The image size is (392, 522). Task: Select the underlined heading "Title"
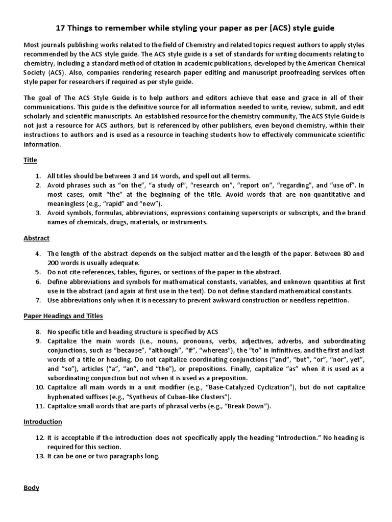[x=30, y=160]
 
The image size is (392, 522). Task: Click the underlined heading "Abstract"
[x=36, y=238]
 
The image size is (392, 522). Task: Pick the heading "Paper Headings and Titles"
[x=63, y=316]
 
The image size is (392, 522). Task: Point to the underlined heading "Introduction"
[x=43, y=422]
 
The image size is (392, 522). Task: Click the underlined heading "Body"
[x=31, y=488]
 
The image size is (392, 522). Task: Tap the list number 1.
[x=39, y=175]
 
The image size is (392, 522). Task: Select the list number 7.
[x=39, y=300]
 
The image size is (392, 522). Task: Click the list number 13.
[x=37, y=456]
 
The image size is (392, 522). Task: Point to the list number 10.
[x=37, y=387]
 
